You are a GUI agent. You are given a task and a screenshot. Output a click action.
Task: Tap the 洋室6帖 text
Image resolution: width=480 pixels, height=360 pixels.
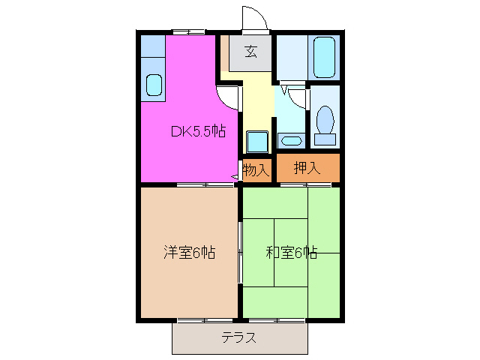190,253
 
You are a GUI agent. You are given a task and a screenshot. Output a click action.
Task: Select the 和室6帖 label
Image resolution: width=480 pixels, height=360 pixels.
291,253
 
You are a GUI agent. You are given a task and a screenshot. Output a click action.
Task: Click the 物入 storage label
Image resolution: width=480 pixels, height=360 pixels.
256,170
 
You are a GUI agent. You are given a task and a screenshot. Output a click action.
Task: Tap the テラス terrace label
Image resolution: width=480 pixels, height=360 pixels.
239,337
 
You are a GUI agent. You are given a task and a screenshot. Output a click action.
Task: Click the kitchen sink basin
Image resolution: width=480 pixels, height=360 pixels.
154,85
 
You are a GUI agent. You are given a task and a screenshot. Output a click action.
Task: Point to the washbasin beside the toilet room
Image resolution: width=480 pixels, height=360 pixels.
291,139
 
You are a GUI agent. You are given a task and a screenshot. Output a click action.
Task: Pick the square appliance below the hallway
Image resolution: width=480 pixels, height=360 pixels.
257,141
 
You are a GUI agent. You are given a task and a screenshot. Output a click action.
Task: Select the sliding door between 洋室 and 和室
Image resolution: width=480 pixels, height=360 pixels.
240,252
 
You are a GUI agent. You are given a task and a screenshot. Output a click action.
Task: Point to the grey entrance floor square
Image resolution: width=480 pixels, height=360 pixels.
250,52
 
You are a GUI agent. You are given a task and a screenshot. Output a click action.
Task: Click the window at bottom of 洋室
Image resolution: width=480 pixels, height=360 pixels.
204,320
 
